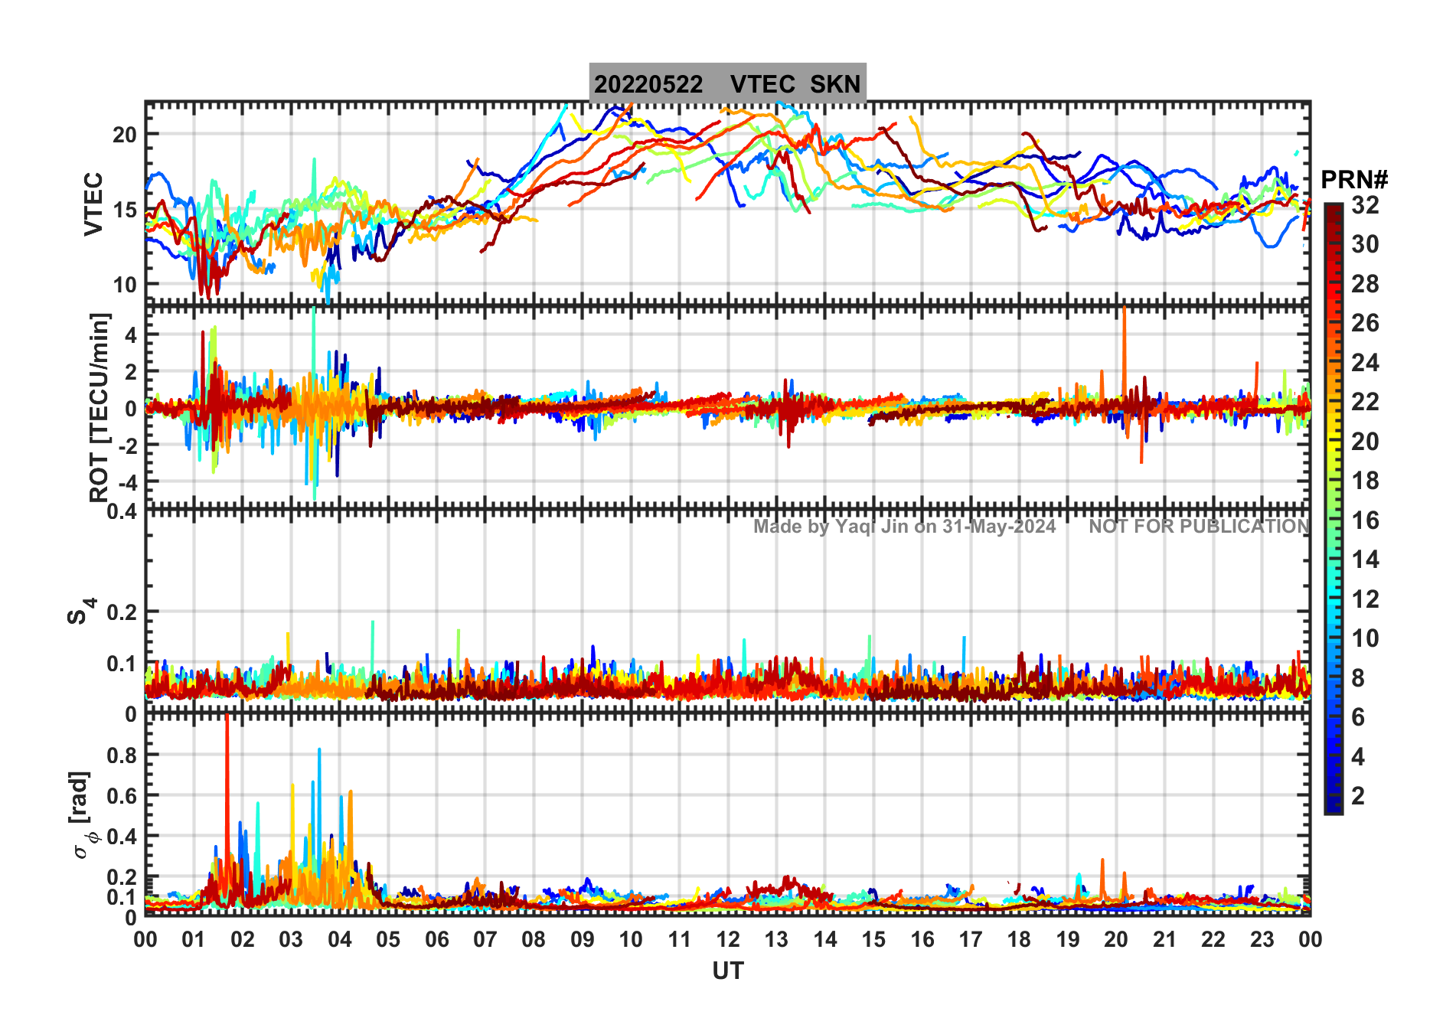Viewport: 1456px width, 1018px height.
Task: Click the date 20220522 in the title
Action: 648,84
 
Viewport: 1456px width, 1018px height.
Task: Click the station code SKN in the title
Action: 835,84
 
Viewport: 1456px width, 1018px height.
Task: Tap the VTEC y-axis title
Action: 93,204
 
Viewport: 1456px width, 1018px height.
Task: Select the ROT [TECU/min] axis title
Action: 100,407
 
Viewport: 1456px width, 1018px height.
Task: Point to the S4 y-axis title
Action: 80,612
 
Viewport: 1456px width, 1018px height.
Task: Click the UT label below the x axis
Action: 727,971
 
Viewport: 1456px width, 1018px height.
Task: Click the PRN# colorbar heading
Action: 1354,180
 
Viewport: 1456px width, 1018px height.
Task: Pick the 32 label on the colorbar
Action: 1365,205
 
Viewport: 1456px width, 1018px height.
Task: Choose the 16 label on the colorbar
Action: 1365,520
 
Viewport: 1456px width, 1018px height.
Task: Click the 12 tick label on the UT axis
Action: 727,940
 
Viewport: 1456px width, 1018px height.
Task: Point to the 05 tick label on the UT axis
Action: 388,940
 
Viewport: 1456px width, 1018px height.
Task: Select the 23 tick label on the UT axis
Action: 1262,940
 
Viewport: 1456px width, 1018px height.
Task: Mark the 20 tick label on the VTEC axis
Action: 124,135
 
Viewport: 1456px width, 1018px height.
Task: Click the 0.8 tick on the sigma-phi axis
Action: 122,755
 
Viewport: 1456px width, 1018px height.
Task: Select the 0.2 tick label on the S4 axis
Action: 122,612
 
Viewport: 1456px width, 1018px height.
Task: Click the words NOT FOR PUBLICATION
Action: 1199,527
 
